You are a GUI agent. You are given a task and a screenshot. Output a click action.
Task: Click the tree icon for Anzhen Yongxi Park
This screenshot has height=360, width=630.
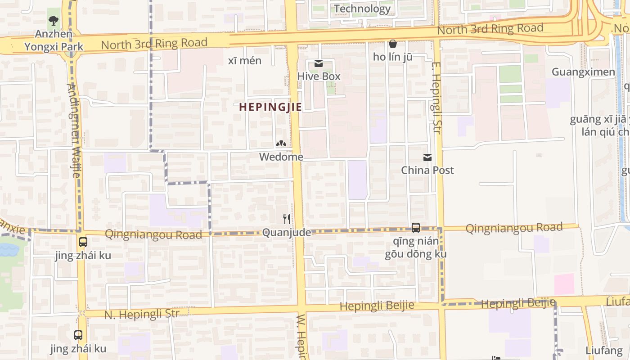[54, 20]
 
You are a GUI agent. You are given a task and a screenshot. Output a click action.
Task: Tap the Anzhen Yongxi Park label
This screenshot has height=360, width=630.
[54, 40]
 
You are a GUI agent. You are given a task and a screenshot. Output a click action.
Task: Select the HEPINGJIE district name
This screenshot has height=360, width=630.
[270, 107]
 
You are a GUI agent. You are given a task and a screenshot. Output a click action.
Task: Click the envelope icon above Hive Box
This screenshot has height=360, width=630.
[319, 63]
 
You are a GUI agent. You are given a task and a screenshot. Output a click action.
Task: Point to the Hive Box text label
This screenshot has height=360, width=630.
[319, 76]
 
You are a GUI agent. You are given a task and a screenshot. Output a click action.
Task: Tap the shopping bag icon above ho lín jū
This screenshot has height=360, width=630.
[392, 44]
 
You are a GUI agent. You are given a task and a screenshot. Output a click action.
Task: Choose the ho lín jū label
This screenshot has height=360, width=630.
[392, 57]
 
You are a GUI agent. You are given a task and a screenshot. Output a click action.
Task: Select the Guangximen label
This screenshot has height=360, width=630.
[583, 72]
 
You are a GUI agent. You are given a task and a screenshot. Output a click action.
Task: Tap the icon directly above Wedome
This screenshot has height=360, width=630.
[281, 144]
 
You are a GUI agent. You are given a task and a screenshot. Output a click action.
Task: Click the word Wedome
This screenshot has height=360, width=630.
[281, 157]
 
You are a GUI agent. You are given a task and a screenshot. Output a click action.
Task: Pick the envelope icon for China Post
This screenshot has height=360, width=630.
[427, 157]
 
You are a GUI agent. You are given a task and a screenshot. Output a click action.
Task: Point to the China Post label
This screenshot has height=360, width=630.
[427, 170]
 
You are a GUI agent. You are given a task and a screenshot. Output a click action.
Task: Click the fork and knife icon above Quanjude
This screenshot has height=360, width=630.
[286, 219]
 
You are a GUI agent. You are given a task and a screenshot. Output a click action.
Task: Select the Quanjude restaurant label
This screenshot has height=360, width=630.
[286, 233]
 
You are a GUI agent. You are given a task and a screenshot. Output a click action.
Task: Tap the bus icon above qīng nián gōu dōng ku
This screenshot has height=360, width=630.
[415, 228]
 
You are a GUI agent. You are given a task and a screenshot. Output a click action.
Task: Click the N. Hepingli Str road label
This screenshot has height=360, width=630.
[142, 314]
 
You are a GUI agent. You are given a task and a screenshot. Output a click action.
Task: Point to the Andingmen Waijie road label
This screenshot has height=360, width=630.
[73, 130]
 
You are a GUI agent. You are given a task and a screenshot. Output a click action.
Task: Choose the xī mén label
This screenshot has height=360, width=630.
[245, 61]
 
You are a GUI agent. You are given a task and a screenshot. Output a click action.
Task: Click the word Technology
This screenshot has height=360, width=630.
[362, 9]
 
